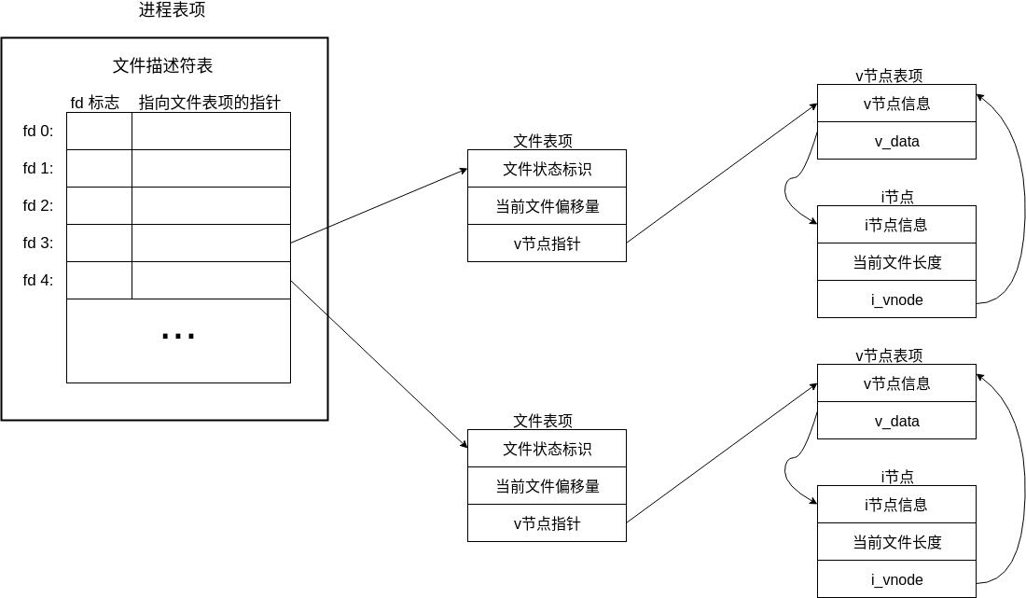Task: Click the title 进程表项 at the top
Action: click(x=172, y=10)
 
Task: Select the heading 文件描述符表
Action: click(x=163, y=66)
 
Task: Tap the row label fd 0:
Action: click(x=38, y=132)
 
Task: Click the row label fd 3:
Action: click(x=38, y=243)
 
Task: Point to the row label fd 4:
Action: click(x=38, y=281)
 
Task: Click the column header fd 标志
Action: click(x=94, y=103)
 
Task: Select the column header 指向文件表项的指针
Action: click(x=210, y=103)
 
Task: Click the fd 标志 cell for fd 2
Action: click(x=99, y=206)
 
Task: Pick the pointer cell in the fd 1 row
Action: click(x=211, y=169)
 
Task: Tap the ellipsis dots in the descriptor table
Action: click(x=177, y=337)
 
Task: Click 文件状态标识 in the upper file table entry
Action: click(x=547, y=169)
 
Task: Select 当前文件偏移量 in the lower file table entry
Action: click(x=547, y=486)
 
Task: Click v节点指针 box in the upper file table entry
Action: click(x=547, y=243)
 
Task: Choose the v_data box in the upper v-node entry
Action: click(x=896, y=141)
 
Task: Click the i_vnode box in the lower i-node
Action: click(x=896, y=579)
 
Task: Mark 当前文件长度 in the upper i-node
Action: click(x=896, y=262)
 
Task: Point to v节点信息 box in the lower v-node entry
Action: click(x=896, y=383)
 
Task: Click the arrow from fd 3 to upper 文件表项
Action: click(x=379, y=206)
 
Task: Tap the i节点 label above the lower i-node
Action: click(x=897, y=477)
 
